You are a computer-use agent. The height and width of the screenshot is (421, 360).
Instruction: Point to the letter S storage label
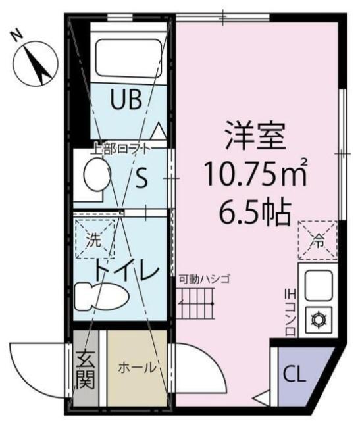click(x=141, y=179)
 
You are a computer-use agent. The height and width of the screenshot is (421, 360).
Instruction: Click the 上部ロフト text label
click(x=121, y=148)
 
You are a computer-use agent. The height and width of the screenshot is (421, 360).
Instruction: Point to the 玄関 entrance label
click(x=85, y=369)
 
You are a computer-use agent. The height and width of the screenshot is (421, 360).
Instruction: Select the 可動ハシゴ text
click(x=203, y=279)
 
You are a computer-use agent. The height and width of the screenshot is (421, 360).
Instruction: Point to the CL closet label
click(x=294, y=376)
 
